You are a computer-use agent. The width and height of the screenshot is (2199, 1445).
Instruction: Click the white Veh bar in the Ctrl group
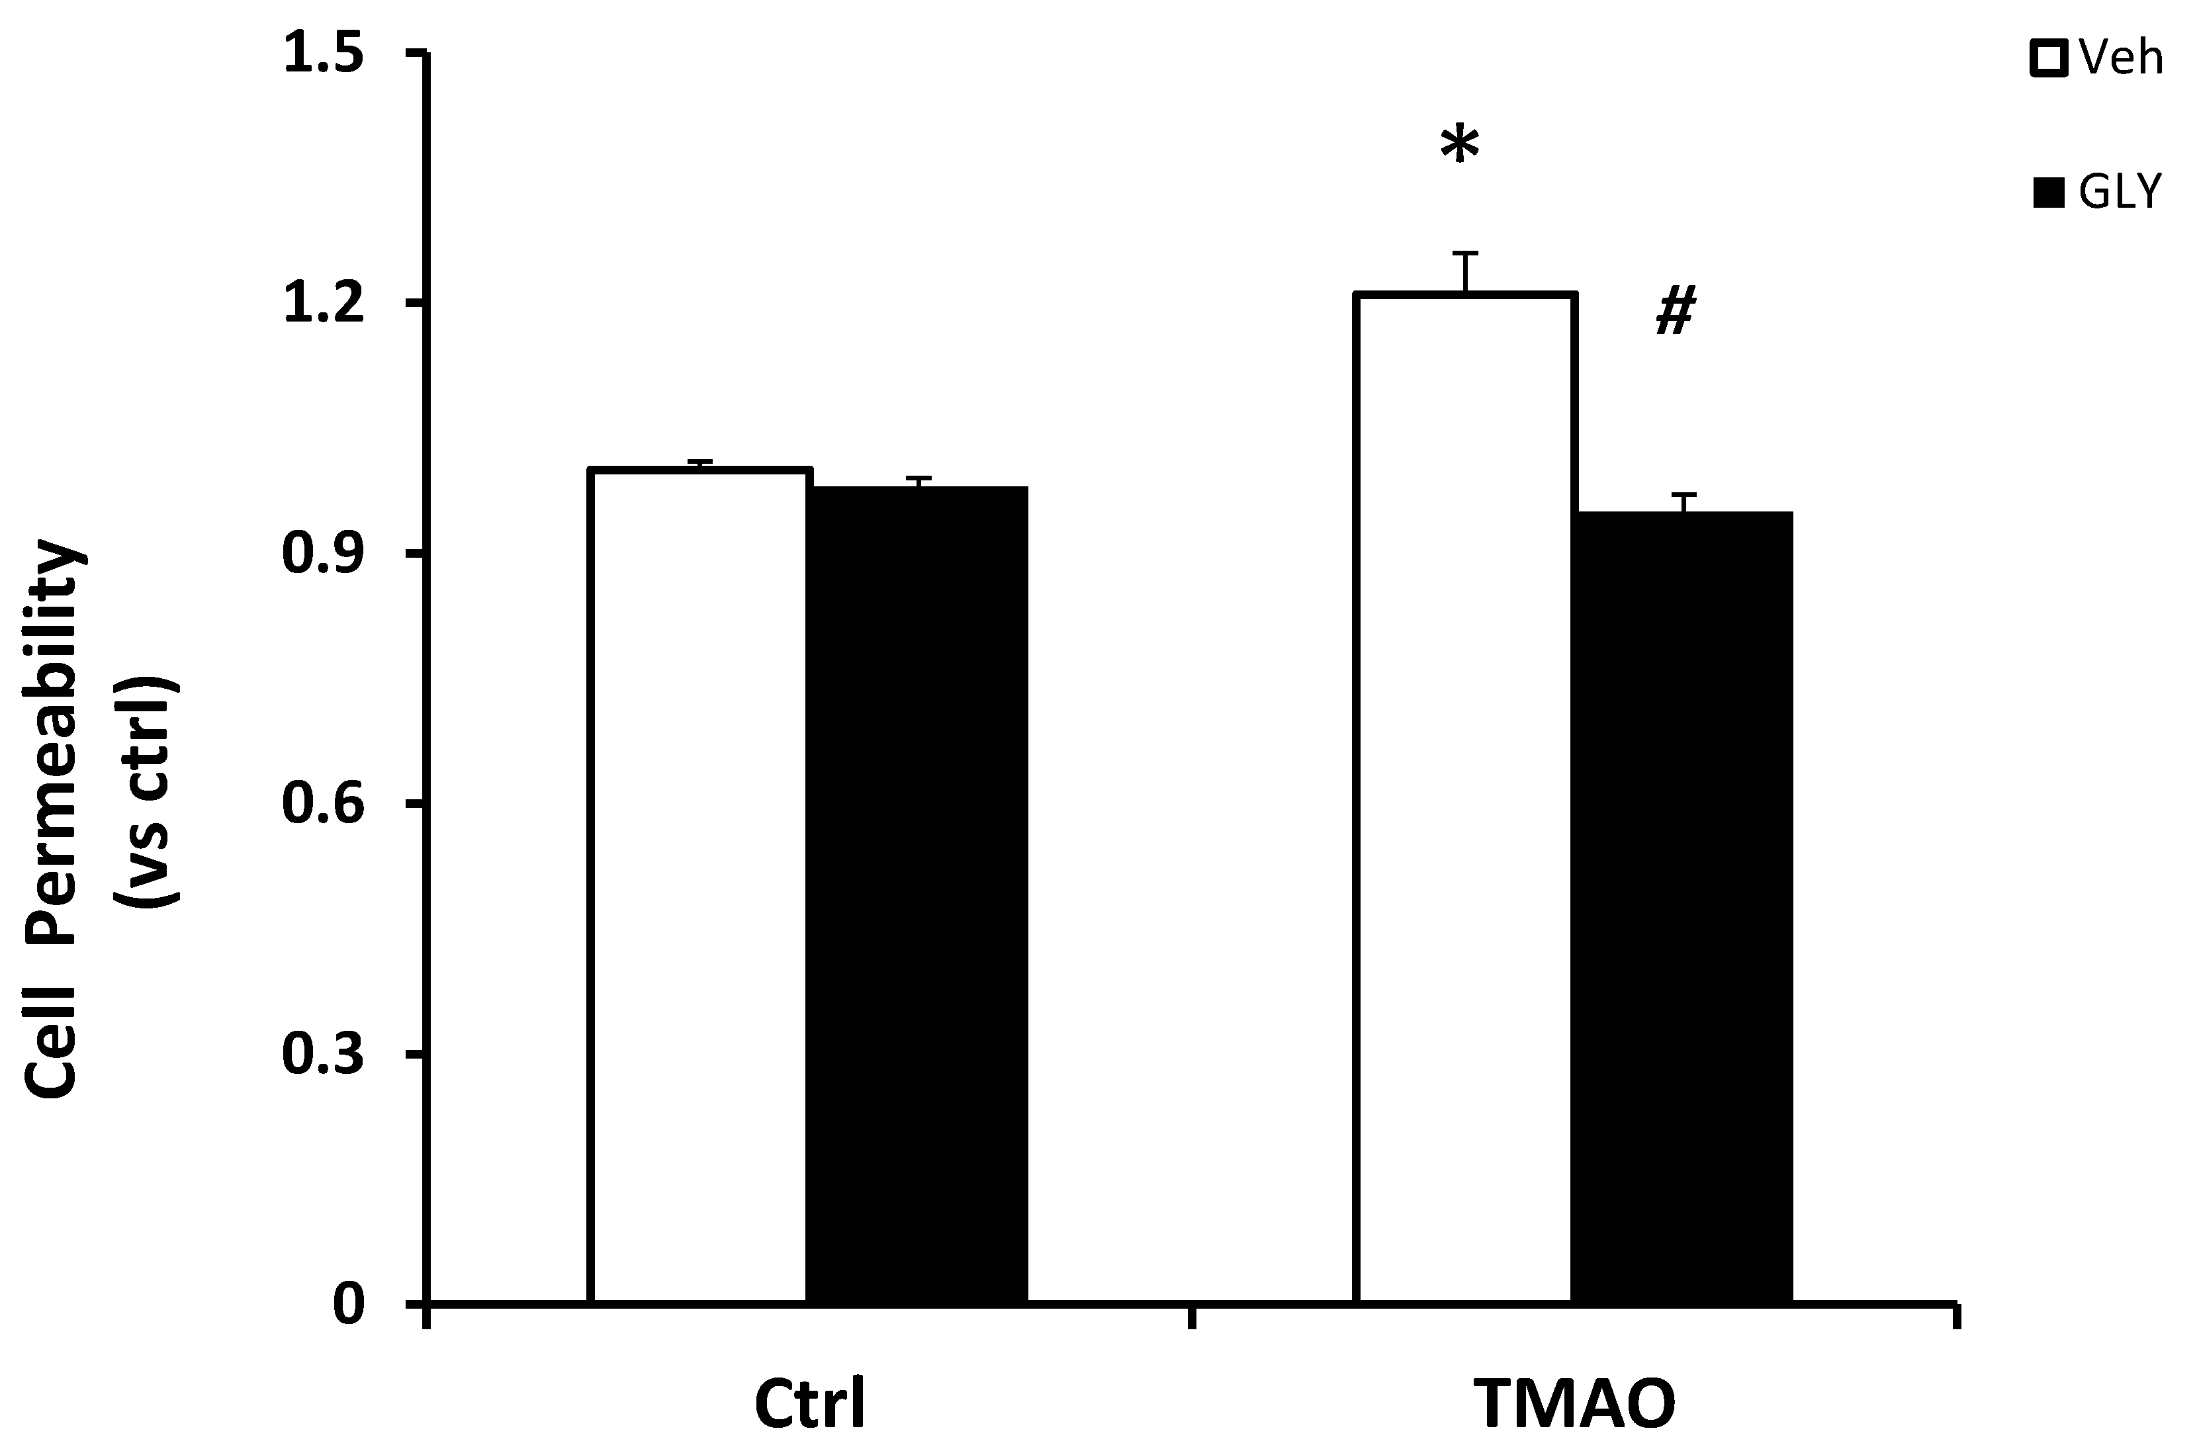(699, 887)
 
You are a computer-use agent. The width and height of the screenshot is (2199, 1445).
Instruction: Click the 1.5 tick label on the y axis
(324, 54)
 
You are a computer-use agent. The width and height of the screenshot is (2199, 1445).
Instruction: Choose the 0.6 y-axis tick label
(324, 804)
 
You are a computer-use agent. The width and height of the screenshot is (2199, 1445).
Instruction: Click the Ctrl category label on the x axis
(809, 1405)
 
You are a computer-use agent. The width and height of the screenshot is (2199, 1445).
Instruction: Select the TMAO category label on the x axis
(1574, 1405)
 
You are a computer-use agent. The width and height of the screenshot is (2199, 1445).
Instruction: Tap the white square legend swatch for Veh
(2048, 58)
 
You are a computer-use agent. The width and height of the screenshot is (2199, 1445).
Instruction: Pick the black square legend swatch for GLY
(2048, 194)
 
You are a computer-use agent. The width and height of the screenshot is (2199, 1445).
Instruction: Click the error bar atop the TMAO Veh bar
(1465, 272)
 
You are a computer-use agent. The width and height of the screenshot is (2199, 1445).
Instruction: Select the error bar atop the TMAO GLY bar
(1683, 503)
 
